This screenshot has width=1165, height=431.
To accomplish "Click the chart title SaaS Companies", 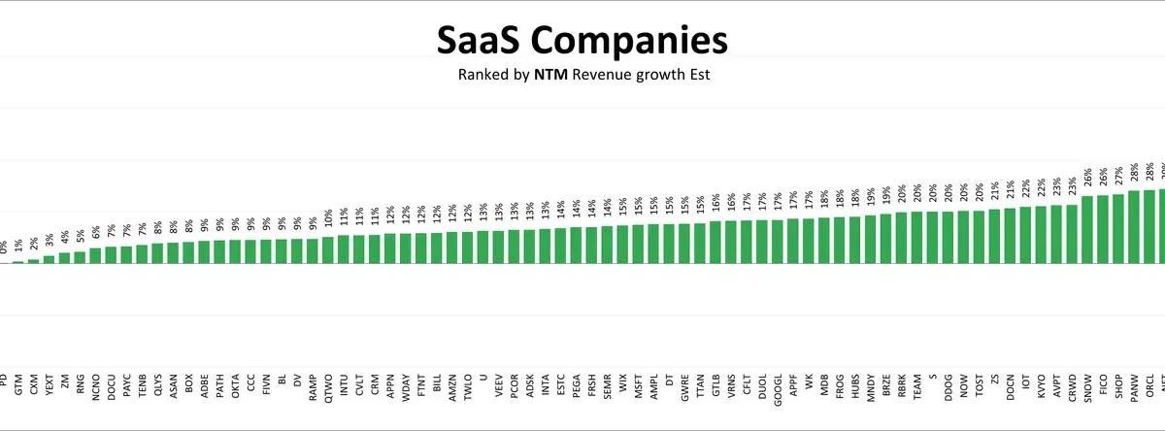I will [582, 41].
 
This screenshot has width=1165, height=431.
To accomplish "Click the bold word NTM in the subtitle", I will [550, 75].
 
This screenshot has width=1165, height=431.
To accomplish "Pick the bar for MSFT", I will [638, 245].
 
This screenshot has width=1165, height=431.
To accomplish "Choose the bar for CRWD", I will [1072, 234].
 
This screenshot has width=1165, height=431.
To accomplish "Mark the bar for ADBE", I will [204, 252].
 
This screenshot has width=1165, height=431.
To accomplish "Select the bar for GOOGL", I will [778, 242].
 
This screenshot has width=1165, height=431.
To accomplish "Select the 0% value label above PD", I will [3, 249].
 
